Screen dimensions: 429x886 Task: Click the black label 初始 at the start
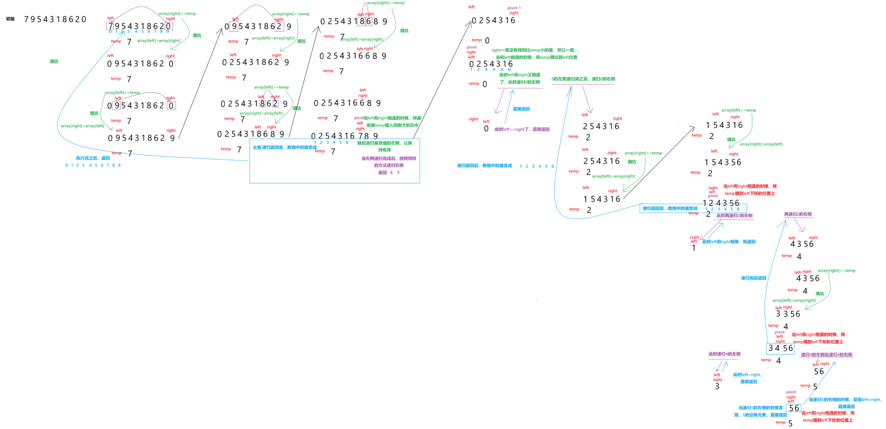coord(10,19)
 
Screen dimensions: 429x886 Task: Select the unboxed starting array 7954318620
coord(55,19)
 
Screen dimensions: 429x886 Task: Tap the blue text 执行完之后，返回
coord(93,158)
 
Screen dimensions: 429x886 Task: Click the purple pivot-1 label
coord(514,8)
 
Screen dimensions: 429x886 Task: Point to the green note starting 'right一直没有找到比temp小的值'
coord(535,50)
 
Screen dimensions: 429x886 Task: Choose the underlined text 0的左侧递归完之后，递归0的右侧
coord(583,79)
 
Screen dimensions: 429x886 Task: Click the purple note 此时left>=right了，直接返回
coord(522,129)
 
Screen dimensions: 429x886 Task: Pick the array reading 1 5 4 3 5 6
coord(723,162)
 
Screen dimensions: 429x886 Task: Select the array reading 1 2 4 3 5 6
coord(721,203)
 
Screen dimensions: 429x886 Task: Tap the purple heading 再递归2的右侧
coord(798,214)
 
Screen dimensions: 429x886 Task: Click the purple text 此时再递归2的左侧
coord(734,216)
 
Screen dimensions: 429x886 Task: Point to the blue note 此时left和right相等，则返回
coord(729,242)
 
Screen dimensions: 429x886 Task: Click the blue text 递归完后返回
coord(753,278)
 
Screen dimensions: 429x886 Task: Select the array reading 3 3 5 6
coord(788,314)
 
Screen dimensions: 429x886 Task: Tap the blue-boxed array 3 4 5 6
coord(780,349)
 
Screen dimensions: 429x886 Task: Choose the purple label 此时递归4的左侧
coord(724,354)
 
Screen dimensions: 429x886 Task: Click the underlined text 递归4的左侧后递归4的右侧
coord(826,355)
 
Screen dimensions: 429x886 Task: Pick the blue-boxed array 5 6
coord(794,408)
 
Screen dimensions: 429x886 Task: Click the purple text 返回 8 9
coord(389,173)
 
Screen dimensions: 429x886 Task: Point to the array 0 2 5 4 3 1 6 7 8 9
coord(344,136)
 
